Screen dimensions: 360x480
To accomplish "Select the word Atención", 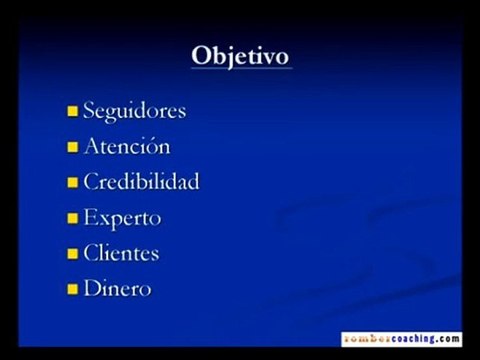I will click(x=126, y=146).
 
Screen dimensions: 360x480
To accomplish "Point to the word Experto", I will click(x=122, y=218).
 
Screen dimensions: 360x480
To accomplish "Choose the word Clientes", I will click(x=121, y=253).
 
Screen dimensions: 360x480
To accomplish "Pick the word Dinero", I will click(x=117, y=289).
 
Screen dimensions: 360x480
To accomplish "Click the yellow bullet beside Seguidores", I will click(x=73, y=112).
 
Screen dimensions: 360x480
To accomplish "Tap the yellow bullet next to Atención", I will click(x=73, y=148).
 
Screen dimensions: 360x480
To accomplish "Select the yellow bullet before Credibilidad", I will click(x=73, y=184).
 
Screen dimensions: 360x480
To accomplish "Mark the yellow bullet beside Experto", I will click(x=73, y=219).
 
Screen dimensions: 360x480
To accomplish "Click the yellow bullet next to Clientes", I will click(x=73, y=255).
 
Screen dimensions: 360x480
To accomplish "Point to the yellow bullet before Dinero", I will click(x=73, y=291).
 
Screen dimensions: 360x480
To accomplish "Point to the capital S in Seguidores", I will click(x=90, y=110).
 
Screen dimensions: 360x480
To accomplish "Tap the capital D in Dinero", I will click(x=92, y=289).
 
